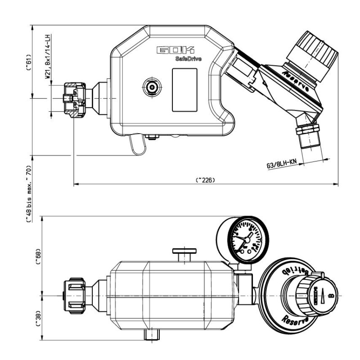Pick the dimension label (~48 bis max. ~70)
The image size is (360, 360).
tap(28, 193)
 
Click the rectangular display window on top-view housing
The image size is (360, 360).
tap(184, 90)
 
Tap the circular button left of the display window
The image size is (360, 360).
tap(151, 86)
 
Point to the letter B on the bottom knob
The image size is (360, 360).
tap(331, 296)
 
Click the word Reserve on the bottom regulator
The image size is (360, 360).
tap(295, 321)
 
